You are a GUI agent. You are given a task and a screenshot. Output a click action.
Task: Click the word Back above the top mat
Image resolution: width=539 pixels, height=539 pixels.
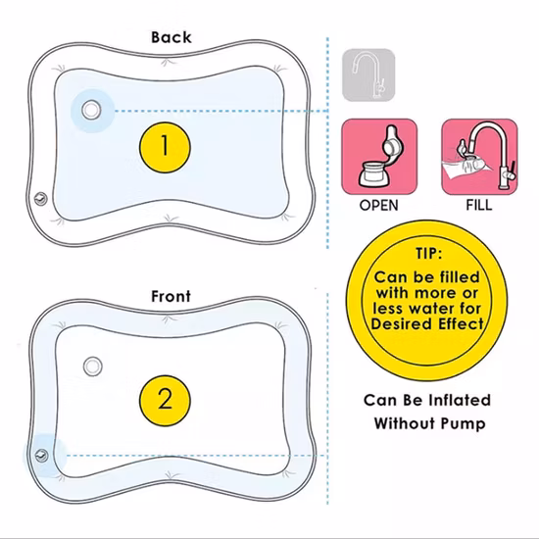[x=171, y=37]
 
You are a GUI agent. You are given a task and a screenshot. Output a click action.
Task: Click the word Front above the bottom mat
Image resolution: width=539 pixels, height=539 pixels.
[x=171, y=295]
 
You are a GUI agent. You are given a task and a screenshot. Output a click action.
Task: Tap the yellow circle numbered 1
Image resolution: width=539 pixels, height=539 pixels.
[x=165, y=146]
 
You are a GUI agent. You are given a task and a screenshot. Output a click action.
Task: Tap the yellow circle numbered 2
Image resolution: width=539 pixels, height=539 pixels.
[x=165, y=400]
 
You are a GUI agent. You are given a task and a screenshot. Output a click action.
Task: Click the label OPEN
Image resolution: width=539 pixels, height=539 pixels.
[x=379, y=207]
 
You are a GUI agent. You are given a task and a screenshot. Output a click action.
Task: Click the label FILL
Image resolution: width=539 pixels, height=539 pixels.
[x=478, y=207]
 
